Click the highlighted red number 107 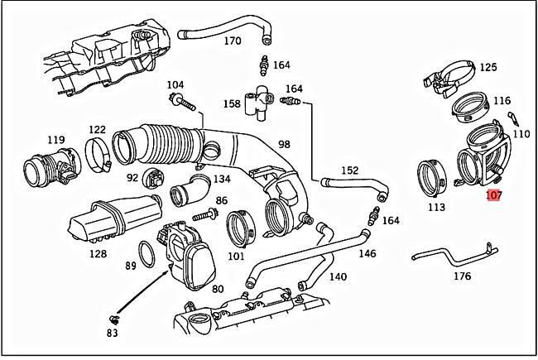[x=493, y=196]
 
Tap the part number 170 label [x=233, y=41]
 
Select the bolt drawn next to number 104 [x=184, y=103]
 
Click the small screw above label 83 [x=113, y=318]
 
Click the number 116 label [x=502, y=101]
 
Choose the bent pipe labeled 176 [x=453, y=252]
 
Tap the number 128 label [x=98, y=254]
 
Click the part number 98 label [x=284, y=144]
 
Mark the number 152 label [x=350, y=170]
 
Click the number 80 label [x=218, y=289]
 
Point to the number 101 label [x=236, y=256]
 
